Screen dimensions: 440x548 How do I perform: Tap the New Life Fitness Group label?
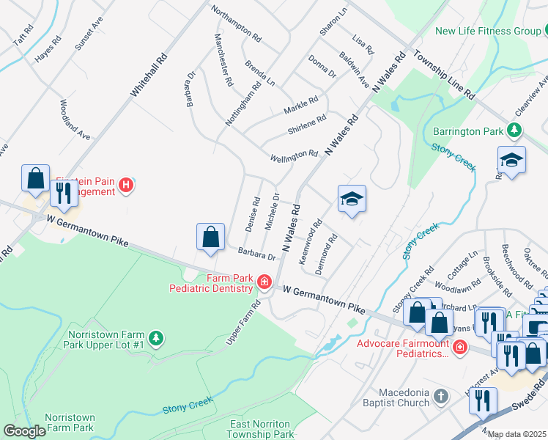click(x=486, y=31)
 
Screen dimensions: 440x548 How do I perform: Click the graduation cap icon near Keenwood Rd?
click(x=352, y=199)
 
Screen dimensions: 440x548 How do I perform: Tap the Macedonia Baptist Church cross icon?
click(x=440, y=397)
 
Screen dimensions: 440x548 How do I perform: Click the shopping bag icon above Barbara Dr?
click(x=210, y=238)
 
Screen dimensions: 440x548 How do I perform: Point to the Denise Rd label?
click(x=251, y=214)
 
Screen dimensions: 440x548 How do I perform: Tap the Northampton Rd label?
click(x=236, y=23)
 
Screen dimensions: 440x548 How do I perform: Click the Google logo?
click(x=24, y=431)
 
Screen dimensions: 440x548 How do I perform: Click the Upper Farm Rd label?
click(x=244, y=323)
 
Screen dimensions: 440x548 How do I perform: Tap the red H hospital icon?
click(x=126, y=186)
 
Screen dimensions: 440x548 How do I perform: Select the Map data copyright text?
click(x=517, y=434)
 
